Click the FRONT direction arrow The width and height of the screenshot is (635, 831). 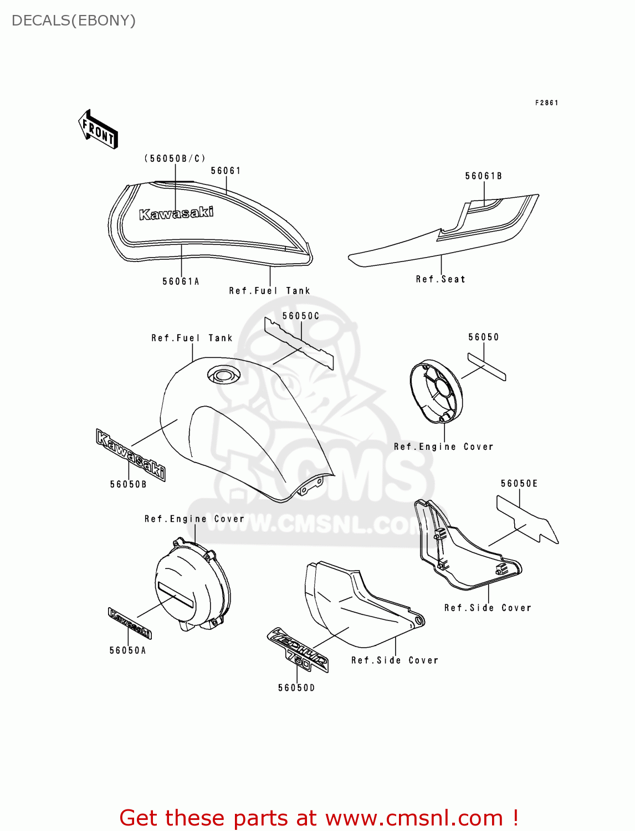coord(99,130)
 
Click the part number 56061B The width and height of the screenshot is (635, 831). coord(483,176)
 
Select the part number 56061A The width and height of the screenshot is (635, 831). coord(181,281)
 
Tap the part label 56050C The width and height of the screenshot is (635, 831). coord(301,316)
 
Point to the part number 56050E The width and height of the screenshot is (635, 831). coord(519,484)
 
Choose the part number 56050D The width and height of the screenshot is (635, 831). coord(296,688)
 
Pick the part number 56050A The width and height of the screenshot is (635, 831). coord(127,650)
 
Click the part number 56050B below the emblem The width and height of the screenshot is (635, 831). coord(128,484)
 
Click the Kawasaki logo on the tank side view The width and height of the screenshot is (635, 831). coord(176,213)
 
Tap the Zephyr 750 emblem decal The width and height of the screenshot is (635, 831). coord(299,650)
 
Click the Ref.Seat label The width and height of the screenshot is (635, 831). coord(441,279)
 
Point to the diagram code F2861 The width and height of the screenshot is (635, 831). coord(546,103)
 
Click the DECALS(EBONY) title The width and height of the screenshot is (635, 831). coord(74,20)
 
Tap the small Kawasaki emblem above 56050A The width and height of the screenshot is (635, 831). coord(130,623)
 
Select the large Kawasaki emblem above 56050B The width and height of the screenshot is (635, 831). coord(131,454)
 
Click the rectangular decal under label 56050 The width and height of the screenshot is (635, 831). coord(487,367)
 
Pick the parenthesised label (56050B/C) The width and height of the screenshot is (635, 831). coord(175,158)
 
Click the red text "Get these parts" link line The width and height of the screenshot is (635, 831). coord(319,818)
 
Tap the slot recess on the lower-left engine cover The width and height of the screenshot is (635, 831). coord(176,594)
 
